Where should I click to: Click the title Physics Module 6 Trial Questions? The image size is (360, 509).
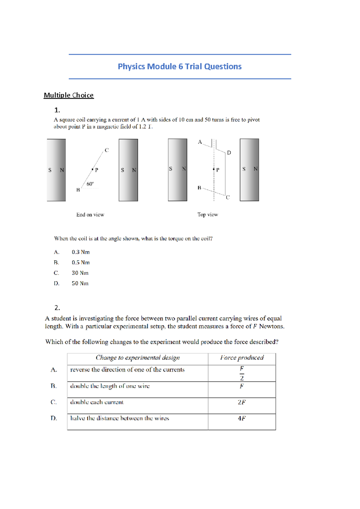(179, 66)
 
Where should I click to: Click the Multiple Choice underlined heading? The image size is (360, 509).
(69, 95)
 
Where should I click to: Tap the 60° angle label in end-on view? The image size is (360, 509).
(90, 184)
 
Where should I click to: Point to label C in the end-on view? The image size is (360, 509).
(106, 150)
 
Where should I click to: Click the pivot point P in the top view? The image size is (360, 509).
(214, 169)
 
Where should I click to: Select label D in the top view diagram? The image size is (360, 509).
(229, 153)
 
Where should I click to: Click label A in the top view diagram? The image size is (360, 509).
(200, 142)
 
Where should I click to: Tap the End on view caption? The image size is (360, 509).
(90, 215)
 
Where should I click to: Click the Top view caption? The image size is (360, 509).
(208, 215)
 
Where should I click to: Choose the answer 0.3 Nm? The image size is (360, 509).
(80, 252)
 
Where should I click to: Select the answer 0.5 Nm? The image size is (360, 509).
(80, 263)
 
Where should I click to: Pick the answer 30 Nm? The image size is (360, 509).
(80, 273)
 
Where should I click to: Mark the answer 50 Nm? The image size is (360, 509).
(80, 283)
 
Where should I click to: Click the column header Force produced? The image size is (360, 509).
(242, 358)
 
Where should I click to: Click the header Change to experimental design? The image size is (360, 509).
(138, 358)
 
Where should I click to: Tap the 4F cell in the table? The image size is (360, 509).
(241, 418)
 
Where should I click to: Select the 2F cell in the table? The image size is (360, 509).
(241, 402)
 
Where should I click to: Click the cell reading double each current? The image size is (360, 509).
(97, 402)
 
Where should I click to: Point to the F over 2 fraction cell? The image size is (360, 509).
(242, 373)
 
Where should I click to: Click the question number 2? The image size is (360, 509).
(57, 308)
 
